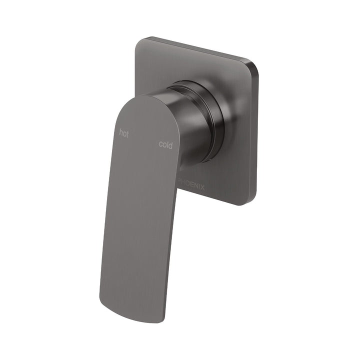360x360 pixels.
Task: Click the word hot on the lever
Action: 123,133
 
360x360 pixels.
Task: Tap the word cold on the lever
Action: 165,145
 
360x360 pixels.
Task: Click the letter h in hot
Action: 120,132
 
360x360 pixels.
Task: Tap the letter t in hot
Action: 127,133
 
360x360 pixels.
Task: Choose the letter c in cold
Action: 161,145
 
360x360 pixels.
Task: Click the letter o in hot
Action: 124,133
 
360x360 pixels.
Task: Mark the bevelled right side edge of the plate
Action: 256,135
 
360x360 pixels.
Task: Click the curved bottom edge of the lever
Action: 132,312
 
